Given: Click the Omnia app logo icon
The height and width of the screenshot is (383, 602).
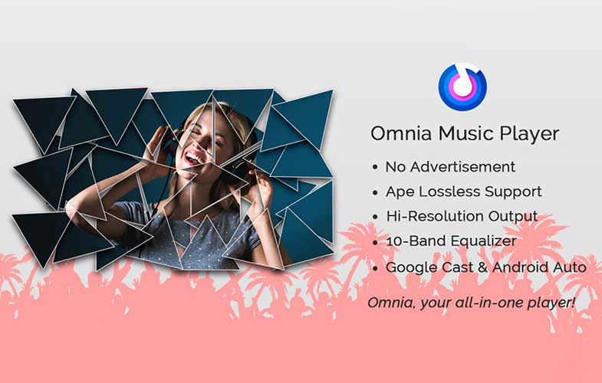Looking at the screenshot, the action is (462, 87).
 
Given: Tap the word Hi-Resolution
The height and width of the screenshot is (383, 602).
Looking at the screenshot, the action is (434, 216).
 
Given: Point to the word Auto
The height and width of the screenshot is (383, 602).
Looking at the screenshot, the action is (570, 267).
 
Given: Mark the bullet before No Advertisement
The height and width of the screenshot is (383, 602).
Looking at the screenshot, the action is (375, 168).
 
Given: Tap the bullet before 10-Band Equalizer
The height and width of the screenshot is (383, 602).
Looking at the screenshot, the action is (375, 242).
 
